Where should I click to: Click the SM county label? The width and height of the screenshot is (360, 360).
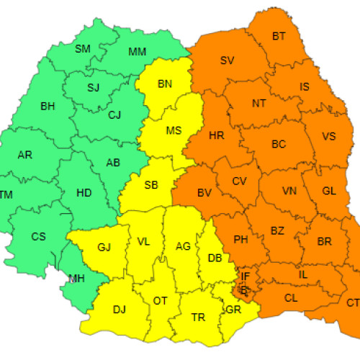pyautogui.click(x=84, y=49)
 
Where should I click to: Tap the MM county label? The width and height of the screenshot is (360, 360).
pyautogui.click(x=137, y=52)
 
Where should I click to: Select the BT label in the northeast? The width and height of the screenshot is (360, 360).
pyautogui.click(x=279, y=36)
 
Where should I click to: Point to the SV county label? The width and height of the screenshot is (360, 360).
pyautogui.click(x=228, y=60)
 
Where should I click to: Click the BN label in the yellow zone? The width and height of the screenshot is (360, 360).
pyautogui.click(x=165, y=84)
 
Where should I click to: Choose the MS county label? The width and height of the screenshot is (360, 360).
pyautogui.click(x=174, y=131)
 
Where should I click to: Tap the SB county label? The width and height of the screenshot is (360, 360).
pyautogui.click(x=150, y=185)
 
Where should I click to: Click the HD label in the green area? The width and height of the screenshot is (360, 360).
pyautogui.click(x=84, y=192)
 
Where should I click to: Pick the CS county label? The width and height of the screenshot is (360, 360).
pyautogui.click(x=38, y=236)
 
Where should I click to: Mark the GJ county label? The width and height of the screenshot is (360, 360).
pyautogui.click(x=104, y=248)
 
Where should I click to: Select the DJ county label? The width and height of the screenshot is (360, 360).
pyautogui.click(x=119, y=310)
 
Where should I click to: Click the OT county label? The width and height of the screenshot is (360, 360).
pyautogui.click(x=160, y=300)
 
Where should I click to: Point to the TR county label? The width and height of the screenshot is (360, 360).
pyautogui.click(x=198, y=317)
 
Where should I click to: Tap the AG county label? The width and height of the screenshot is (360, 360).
pyautogui.click(x=183, y=246)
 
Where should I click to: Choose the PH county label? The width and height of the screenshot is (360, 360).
pyautogui.click(x=240, y=240)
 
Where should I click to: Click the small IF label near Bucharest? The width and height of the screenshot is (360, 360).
pyautogui.click(x=246, y=275)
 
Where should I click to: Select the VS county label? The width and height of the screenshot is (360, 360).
pyautogui.click(x=329, y=137)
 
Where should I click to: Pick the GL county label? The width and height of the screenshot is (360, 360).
pyautogui.click(x=329, y=191)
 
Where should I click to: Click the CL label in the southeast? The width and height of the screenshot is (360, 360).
pyautogui.click(x=290, y=297)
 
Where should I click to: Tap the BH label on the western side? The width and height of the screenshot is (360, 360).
pyautogui.click(x=48, y=107)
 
